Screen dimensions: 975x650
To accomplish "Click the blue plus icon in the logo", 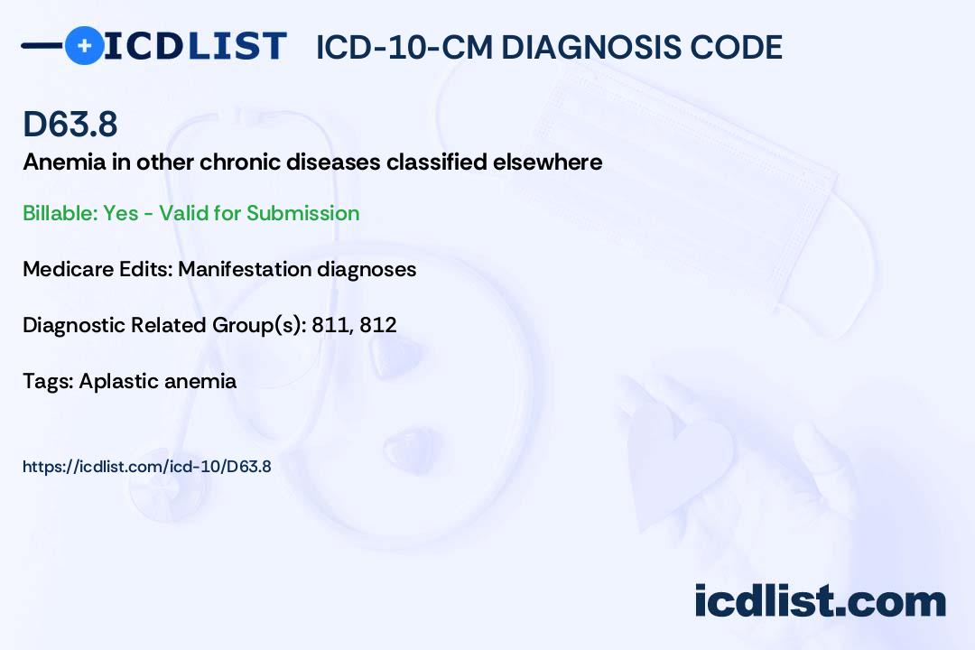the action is pos(84,45).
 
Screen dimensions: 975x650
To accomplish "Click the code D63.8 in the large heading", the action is pos(70,125).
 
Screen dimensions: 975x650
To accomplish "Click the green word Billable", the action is pos(60,213).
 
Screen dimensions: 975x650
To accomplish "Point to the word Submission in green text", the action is pos(302,213).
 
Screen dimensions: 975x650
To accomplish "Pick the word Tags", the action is pos(49,381).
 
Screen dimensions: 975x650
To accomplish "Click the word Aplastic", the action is pos(113,382).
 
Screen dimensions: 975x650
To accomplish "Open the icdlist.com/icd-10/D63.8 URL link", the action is pos(147,467).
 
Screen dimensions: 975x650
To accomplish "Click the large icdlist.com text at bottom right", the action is pos(820,600).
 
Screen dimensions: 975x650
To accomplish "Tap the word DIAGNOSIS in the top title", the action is pos(584,48).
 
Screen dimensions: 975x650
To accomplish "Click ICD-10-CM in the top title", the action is pos(404,48).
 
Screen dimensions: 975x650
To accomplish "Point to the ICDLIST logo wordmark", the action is pos(195,46).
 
